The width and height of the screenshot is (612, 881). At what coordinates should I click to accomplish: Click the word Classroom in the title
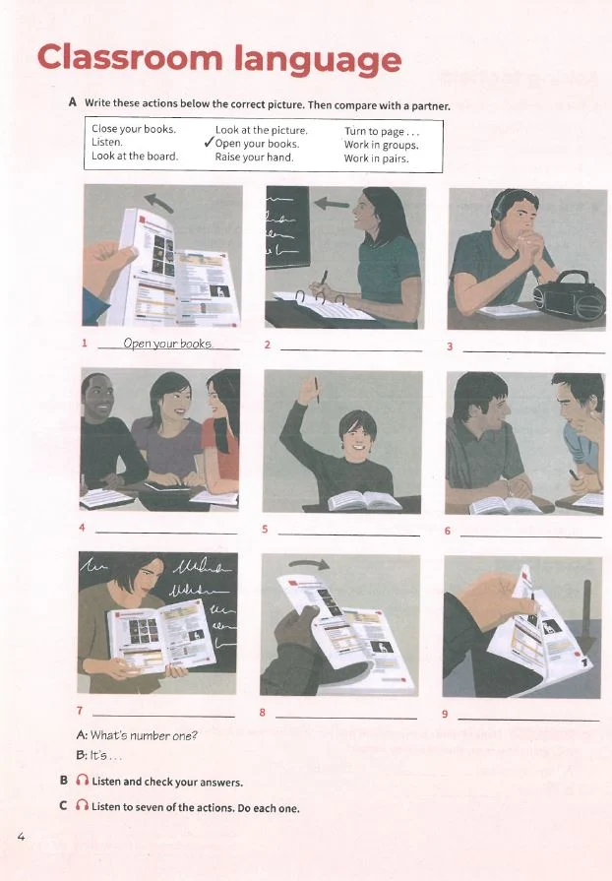coord(130,58)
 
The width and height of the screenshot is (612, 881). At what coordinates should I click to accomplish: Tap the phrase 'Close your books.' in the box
coord(134,129)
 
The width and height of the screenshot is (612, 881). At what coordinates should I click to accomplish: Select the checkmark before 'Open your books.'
coord(209,143)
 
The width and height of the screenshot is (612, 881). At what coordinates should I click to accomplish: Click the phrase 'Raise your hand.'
coord(255,157)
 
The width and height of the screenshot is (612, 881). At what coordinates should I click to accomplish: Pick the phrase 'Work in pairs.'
coord(376,158)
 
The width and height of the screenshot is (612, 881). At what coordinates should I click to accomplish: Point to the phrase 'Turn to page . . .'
coord(382,132)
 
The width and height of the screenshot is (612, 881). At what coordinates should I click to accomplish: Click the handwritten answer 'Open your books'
coord(167,344)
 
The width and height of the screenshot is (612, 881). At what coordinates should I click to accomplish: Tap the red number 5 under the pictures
coord(265,529)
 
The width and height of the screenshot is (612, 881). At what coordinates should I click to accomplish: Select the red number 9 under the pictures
coord(445,714)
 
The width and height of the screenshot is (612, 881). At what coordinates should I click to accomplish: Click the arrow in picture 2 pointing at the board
coord(332,203)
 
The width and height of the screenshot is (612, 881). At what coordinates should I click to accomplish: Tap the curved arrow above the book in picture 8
coord(309,564)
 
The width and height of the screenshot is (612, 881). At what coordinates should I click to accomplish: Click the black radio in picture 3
coord(570,295)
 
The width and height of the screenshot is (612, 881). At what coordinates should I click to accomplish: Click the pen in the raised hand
coord(317,390)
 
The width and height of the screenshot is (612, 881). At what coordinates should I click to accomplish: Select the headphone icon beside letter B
coord(82,781)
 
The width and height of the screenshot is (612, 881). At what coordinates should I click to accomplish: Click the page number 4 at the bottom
coord(22,837)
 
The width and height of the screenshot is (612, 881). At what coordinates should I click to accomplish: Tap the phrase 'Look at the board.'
coord(135,157)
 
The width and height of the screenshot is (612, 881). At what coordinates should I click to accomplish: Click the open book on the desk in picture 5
coord(364,501)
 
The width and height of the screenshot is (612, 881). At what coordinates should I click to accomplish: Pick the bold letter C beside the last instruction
coord(63,806)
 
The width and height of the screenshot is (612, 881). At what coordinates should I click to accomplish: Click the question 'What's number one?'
coord(144,735)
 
